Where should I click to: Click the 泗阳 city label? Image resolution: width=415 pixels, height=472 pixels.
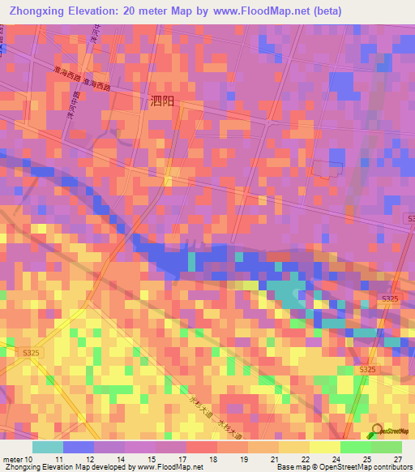pyautogui.click(x=162, y=102)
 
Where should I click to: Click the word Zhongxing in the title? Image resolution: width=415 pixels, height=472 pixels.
pyautogui.click(x=36, y=11)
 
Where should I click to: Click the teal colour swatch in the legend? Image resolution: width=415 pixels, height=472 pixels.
pyautogui.click(x=48, y=447)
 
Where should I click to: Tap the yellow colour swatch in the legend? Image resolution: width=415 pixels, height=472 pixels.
pyautogui.click(x=325, y=447)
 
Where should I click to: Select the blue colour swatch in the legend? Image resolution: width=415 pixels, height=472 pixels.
pyautogui.click(x=79, y=447)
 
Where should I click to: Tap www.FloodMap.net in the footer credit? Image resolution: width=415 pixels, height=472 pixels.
pyautogui.click(x=169, y=467)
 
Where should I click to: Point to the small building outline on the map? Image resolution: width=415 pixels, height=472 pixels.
pyautogui.click(x=329, y=169)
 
